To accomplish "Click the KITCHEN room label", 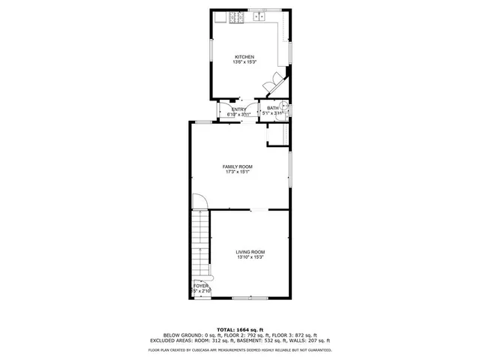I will (x=244, y=57).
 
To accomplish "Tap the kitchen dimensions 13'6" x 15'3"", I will (x=244, y=62).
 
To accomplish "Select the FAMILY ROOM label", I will (x=237, y=166).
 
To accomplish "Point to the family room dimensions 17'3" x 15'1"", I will (x=237, y=172).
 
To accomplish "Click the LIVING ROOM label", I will (x=250, y=252).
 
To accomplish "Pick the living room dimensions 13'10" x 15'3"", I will (x=250, y=257).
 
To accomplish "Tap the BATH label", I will (x=272, y=108).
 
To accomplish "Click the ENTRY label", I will (x=238, y=109).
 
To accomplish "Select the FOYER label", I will (x=201, y=286).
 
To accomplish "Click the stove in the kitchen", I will (x=236, y=16).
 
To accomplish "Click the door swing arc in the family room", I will (x=199, y=201).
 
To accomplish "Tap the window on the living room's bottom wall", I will (x=249, y=298).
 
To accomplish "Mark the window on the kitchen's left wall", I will (x=210, y=56).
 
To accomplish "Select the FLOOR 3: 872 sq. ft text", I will (x=297, y=334).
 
